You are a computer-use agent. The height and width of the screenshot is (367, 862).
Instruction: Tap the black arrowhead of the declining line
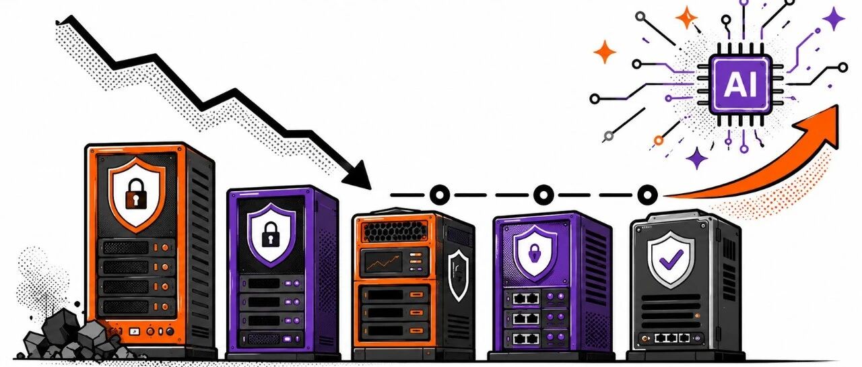pos(358,176)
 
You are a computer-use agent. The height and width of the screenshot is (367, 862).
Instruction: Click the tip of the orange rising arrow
pos(836,106)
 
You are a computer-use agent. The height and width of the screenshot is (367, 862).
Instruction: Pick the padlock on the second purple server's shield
pos(271,234)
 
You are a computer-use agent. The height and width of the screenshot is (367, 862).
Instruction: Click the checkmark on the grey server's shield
pos(671,259)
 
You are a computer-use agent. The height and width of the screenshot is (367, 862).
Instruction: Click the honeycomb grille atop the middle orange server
pos(395,232)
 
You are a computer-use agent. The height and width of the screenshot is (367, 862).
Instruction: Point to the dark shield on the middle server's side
pos(459,275)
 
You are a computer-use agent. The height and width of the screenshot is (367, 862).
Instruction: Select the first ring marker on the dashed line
pos(439,195)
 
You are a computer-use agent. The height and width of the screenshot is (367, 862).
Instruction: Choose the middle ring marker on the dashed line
pos(543,195)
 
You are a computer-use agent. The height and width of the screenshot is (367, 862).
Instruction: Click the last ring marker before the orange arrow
pos(647,195)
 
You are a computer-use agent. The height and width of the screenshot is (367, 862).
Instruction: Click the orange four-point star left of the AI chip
pos(604,52)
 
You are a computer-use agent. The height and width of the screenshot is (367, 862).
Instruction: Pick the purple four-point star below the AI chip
pos(696,158)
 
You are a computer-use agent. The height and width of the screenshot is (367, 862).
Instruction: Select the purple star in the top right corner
pos(834,18)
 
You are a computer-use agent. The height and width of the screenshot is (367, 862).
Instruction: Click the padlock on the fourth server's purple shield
pos(534,253)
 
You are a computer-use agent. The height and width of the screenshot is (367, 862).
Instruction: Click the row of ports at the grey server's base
pos(672,338)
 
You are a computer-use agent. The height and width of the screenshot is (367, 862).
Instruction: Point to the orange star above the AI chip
pos(686,18)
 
